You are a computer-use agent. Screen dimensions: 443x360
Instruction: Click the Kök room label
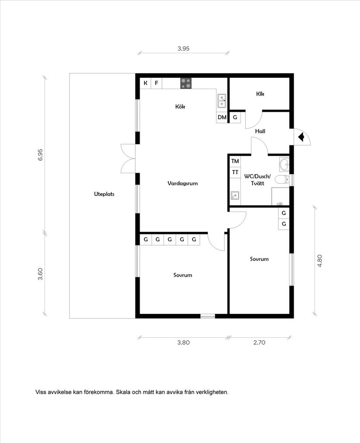click(180, 106)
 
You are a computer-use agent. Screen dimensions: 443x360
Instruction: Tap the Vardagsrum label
click(182, 183)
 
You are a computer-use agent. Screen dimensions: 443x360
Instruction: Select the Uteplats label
click(104, 194)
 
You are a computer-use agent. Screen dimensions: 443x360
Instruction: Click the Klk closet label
click(261, 94)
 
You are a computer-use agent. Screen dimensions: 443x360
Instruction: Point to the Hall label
click(260, 131)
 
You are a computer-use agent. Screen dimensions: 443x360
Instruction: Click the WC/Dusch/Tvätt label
click(257, 180)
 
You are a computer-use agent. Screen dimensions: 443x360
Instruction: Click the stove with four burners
click(186, 83)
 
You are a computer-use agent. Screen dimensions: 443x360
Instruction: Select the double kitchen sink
click(222, 101)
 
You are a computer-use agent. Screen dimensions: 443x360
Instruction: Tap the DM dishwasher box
click(222, 117)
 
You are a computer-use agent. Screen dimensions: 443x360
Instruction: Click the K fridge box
click(145, 83)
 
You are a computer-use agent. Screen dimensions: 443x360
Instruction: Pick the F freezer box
click(156, 83)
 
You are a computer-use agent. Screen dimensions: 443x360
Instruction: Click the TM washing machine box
click(235, 161)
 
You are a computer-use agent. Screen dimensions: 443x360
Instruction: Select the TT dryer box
click(235, 172)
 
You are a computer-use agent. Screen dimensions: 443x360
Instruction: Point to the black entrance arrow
click(301, 137)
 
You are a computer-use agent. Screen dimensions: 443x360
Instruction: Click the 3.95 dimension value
click(183, 49)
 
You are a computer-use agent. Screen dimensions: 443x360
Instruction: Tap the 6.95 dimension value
click(41, 155)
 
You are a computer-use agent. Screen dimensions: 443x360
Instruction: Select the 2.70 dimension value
click(259, 343)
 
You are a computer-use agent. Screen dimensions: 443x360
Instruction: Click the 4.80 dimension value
click(320, 261)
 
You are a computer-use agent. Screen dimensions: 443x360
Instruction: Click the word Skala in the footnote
click(123, 392)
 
